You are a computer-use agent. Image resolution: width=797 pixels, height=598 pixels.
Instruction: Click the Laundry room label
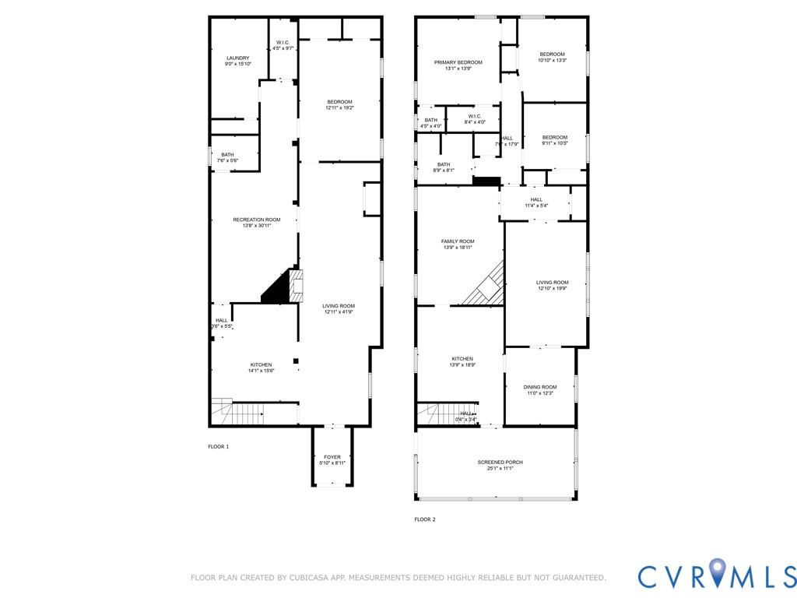[x=237, y=61]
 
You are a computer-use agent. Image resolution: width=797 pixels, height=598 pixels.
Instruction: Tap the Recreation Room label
[x=257, y=223]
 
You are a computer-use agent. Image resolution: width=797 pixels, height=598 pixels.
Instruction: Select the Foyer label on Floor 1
[x=332, y=460]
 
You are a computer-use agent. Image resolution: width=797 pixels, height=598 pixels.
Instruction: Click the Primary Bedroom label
[x=458, y=65]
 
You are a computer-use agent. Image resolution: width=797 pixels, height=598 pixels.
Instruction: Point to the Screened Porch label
[x=500, y=466]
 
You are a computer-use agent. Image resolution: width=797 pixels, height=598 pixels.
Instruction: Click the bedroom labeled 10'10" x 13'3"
[x=552, y=57]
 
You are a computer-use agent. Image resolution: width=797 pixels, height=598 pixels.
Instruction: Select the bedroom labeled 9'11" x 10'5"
[x=554, y=140]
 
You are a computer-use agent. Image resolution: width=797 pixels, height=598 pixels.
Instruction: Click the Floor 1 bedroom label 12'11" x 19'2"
[x=339, y=105]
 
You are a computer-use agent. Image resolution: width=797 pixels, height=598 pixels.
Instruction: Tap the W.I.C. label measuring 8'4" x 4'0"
[x=475, y=118]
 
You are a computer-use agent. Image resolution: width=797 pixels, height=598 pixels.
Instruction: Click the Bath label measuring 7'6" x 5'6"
[x=227, y=157]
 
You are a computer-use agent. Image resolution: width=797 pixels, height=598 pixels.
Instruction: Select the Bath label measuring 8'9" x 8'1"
[x=443, y=167]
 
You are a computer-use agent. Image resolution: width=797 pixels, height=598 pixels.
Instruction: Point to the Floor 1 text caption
[x=218, y=447]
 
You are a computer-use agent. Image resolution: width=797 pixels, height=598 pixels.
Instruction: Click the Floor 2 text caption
[x=424, y=519]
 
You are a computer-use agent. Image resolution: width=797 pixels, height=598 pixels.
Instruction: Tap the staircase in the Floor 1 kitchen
[x=223, y=410]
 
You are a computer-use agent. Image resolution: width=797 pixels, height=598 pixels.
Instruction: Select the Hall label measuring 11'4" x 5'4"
[x=536, y=202]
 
